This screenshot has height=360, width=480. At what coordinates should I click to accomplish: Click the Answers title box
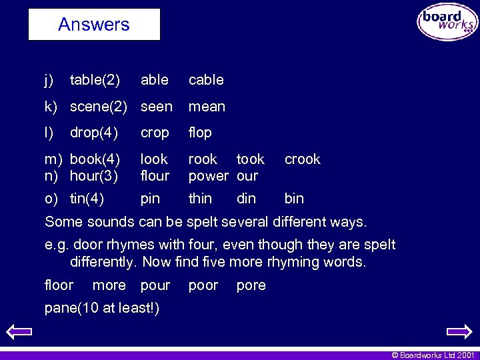[x=94, y=25]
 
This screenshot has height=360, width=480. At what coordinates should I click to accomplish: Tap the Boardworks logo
[x=447, y=22]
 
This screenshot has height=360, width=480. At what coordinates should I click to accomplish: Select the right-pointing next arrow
[x=459, y=331]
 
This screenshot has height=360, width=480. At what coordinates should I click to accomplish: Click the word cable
[x=206, y=80]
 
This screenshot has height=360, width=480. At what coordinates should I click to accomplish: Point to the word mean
[x=207, y=107]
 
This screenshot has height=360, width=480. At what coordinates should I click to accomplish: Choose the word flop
[x=200, y=133]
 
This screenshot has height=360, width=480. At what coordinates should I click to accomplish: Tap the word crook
[x=302, y=159]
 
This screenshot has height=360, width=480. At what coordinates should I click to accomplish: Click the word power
[x=208, y=176]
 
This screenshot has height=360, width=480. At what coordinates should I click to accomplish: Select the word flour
[x=155, y=176]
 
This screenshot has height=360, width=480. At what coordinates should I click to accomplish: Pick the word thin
[x=200, y=199]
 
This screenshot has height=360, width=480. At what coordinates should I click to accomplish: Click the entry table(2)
[x=95, y=80]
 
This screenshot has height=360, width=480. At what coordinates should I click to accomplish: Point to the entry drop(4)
[x=93, y=133]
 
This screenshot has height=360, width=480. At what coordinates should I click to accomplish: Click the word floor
[x=59, y=285]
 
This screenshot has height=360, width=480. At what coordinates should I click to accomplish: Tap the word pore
[x=251, y=285]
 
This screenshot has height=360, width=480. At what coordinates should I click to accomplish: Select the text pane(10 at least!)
[x=101, y=308]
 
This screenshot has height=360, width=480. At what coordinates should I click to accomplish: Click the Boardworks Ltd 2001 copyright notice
[x=433, y=355]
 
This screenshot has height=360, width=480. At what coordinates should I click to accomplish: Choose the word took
[x=251, y=159]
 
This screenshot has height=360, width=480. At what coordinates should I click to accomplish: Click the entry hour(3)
[x=94, y=176]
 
